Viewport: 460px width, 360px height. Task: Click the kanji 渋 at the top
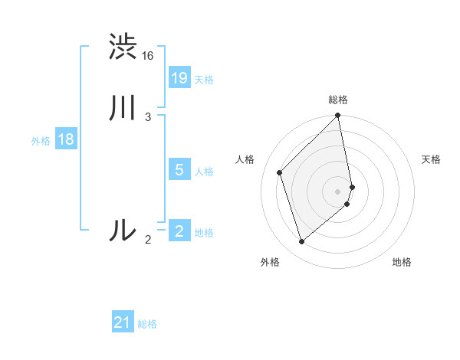(123, 47)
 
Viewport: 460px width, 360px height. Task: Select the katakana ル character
(123, 230)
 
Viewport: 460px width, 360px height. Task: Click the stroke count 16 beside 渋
(148, 56)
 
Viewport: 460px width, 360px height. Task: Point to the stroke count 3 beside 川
(148, 116)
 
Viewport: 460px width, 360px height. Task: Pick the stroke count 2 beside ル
(148, 240)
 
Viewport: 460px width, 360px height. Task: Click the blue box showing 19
(179, 77)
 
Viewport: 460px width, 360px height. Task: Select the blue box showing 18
(66, 139)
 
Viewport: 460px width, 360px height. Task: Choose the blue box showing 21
(123, 322)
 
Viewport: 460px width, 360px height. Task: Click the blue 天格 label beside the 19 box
(204, 80)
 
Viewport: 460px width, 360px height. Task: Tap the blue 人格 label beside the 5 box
(204, 172)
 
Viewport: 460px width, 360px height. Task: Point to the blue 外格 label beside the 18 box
(41, 141)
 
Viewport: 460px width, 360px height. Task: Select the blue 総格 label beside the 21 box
(147, 324)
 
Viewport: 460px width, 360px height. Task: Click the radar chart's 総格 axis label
(338, 100)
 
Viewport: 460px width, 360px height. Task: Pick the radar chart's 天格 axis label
(431, 159)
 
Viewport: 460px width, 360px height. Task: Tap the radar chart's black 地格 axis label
(402, 262)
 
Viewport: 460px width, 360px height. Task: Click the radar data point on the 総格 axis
(338, 116)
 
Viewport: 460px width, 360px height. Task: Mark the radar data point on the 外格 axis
(301, 242)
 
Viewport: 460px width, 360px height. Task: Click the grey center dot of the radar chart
(338, 191)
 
